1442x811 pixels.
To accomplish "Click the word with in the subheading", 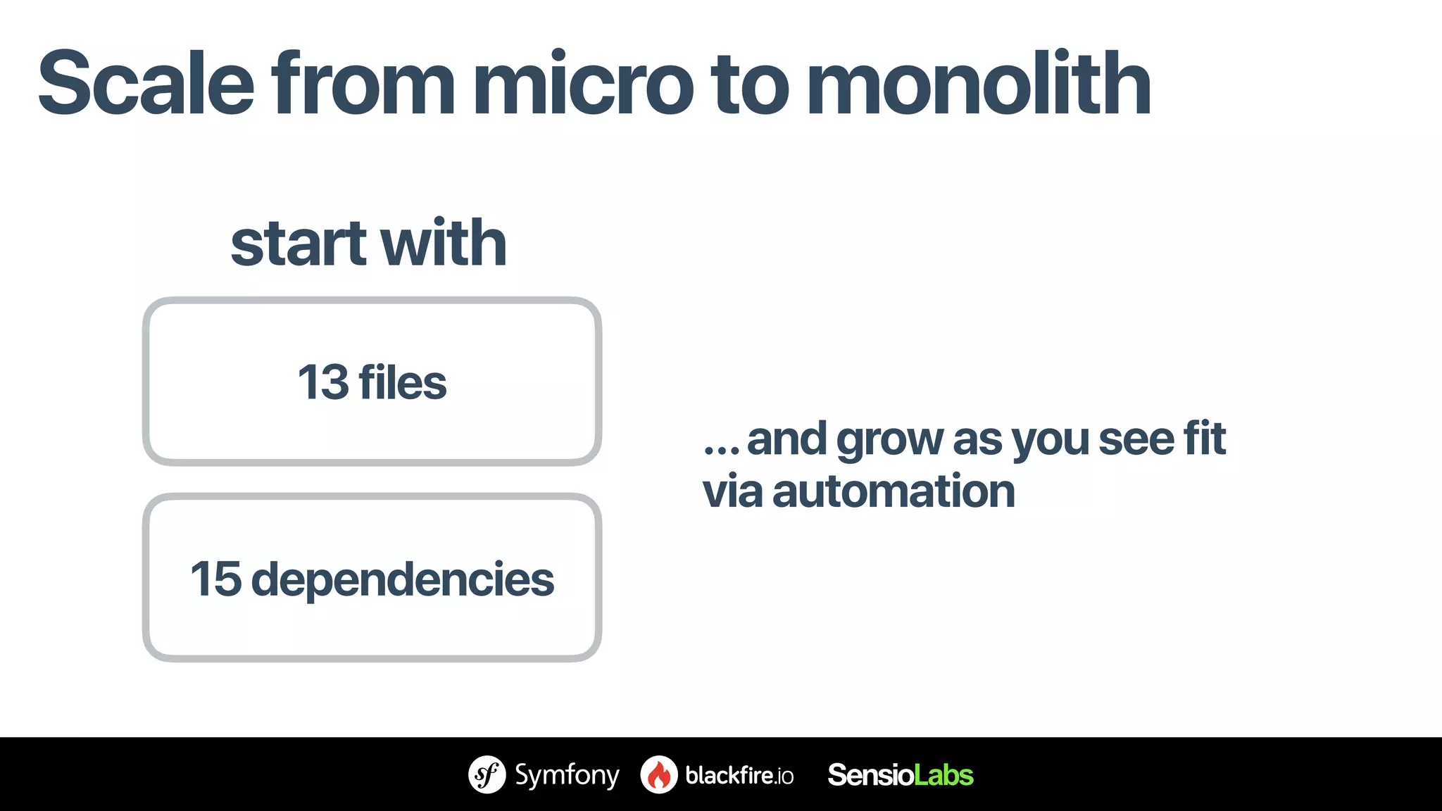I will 444,244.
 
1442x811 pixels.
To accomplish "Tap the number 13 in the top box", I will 322,382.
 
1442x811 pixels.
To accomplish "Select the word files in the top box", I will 402,382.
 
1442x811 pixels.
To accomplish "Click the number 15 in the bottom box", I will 215,579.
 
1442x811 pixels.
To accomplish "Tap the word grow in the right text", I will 889,440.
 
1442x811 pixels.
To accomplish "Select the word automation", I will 894,491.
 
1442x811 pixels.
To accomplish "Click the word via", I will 732,491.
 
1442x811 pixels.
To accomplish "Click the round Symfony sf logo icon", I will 487,774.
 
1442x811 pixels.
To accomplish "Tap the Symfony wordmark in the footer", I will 567,775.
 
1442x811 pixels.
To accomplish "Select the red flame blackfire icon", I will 658,775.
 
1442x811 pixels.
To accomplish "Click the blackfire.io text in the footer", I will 739,775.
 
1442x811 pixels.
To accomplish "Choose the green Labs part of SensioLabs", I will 943,775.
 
